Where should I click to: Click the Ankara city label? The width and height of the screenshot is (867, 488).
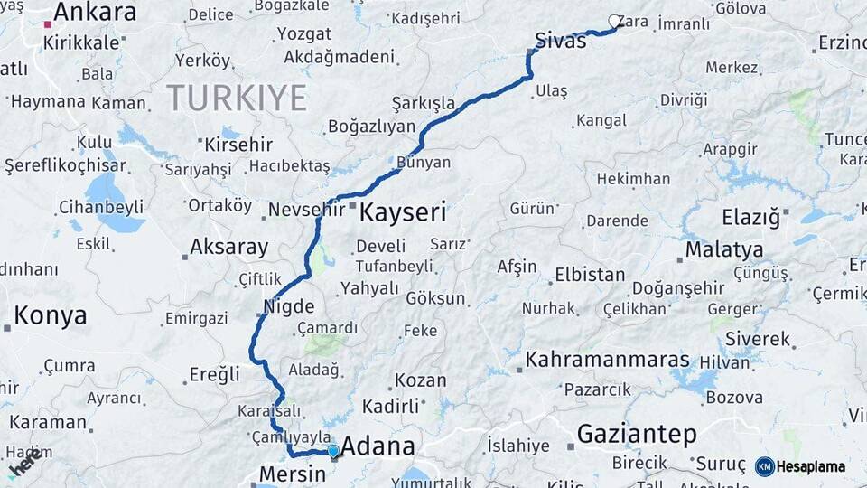95,13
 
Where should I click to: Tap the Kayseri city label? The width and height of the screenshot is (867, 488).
403,213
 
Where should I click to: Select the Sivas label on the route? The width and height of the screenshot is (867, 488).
561,41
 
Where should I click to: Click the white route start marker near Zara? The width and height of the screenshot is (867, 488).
615,21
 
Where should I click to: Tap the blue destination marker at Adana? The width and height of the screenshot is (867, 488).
333,451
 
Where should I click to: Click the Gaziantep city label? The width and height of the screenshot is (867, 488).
637,435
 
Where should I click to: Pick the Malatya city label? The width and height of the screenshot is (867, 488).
724,249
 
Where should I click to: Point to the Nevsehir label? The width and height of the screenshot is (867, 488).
308,210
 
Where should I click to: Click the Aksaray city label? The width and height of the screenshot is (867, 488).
229,248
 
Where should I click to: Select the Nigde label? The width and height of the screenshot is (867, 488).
289,305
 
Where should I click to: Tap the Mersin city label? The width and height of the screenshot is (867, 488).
292,474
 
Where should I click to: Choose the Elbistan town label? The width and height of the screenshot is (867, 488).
590,274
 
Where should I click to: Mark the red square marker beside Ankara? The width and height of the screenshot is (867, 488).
47,24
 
